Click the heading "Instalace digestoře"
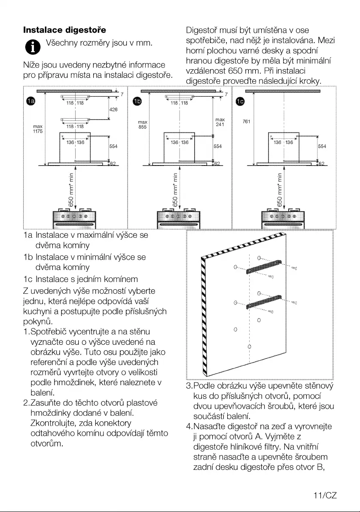[64, 31]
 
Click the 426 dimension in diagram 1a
[113, 110]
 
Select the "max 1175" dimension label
[38, 129]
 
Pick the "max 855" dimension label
[143, 125]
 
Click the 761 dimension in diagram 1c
[246, 122]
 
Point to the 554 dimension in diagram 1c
[322, 146]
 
